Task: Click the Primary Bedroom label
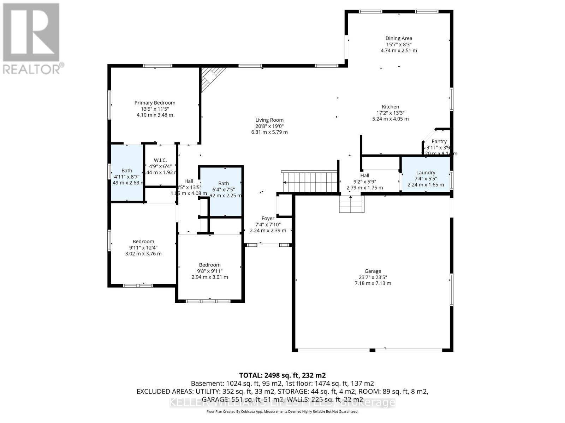click(x=155, y=103)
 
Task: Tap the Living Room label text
click(x=269, y=120)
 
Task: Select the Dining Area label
click(x=399, y=38)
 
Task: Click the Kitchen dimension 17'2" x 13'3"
click(x=390, y=113)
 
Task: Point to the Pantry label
click(x=439, y=141)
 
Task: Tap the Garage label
click(x=373, y=271)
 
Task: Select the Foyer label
click(x=268, y=219)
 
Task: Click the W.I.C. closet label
click(x=160, y=160)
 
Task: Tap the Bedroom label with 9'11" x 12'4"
click(x=143, y=241)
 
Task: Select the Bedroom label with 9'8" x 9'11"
click(x=210, y=265)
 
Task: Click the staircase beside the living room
click(x=310, y=182)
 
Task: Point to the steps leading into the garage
click(x=351, y=204)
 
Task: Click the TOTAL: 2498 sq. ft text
click(x=282, y=375)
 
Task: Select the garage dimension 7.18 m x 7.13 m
click(x=373, y=283)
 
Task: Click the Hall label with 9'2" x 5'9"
click(x=365, y=176)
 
